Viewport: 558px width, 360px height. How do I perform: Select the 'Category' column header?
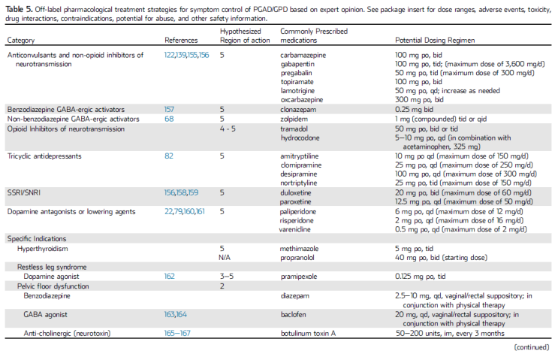[22, 40]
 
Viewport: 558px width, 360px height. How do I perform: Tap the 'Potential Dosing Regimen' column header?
[439, 40]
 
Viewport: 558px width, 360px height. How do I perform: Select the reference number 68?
[169, 119]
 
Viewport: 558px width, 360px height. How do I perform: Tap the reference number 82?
[169, 156]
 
